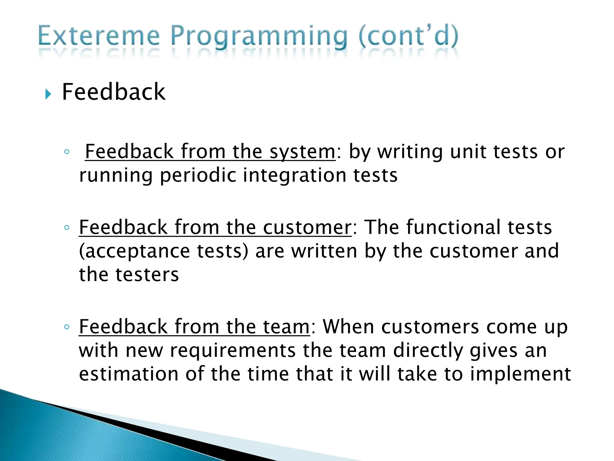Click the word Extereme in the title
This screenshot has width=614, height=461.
click(x=99, y=37)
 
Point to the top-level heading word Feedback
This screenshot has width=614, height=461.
click(x=113, y=92)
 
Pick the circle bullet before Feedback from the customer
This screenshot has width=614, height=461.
click(x=67, y=227)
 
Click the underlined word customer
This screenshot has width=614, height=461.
click(x=307, y=227)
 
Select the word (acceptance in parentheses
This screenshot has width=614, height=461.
click(x=134, y=251)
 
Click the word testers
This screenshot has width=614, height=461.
click(x=147, y=275)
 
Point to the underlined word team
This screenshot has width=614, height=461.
click(x=286, y=327)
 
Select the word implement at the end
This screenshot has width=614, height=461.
click(x=520, y=375)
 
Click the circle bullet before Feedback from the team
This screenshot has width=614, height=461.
click(x=67, y=327)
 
